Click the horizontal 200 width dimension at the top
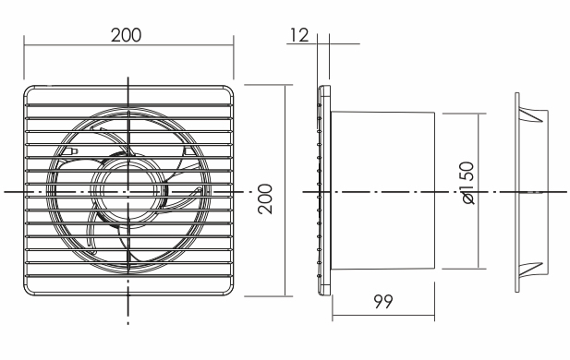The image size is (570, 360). (x=126, y=35)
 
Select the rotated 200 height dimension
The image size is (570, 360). (x=265, y=198)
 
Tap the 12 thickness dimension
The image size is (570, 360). (x=299, y=35)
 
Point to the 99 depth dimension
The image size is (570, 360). (x=383, y=301)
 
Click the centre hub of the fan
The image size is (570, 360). (x=128, y=192)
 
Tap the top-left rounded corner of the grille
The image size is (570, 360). (x=29, y=90)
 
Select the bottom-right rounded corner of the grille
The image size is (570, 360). (x=228, y=290)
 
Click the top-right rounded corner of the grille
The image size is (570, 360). (x=228, y=90)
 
